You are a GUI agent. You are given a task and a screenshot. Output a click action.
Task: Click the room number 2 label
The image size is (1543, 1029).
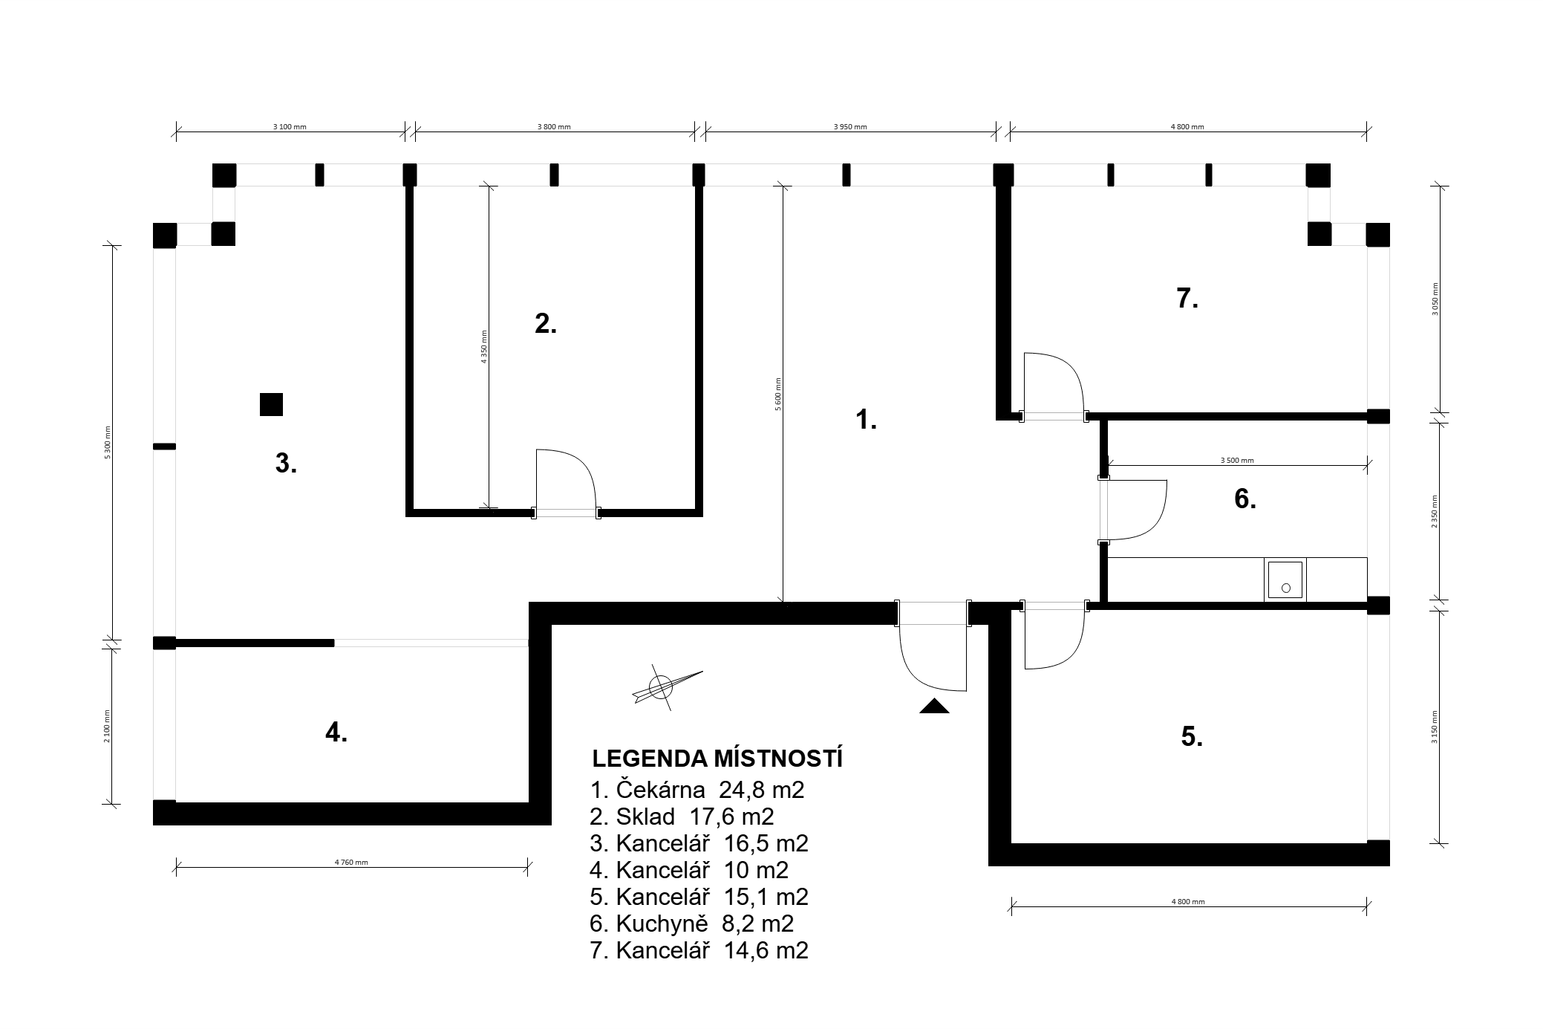pyautogui.click(x=546, y=324)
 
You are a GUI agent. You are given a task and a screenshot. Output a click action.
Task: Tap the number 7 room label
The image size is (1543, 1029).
pyautogui.click(x=1187, y=299)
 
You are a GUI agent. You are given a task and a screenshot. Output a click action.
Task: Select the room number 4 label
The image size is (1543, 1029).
pyautogui.click(x=336, y=733)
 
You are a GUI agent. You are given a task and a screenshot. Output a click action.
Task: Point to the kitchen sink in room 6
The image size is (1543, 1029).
pyautogui.click(x=1285, y=580)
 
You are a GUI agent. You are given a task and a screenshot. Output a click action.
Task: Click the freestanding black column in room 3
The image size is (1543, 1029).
pyautogui.click(x=271, y=404)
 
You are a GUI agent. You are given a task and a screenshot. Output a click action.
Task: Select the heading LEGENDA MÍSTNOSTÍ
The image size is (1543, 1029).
pyautogui.click(x=717, y=759)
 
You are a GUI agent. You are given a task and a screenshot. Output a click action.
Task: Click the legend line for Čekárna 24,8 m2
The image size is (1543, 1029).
pyautogui.click(x=697, y=789)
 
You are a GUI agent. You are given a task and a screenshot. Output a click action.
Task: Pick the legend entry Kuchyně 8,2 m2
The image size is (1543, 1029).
pyautogui.click(x=692, y=923)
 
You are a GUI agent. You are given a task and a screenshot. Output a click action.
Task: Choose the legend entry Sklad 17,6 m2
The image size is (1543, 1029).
pyautogui.click(x=682, y=817)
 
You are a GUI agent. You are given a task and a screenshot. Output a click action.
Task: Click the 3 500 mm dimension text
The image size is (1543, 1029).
pyautogui.click(x=1237, y=461)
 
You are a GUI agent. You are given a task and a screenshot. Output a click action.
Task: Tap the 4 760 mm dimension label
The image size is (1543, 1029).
pyautogui.click(x=351, y=863)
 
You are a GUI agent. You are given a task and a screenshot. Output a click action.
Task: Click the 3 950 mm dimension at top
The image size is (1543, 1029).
pyautogui.click(x=850, y=126)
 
